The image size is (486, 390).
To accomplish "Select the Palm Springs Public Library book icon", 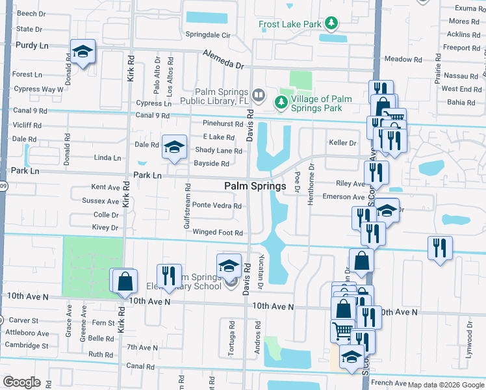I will point(259,96).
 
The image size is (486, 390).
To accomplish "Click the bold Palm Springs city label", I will point(255,186).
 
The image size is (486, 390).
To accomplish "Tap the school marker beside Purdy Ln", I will point(83,53).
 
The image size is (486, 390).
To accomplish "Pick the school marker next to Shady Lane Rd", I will point(173,148).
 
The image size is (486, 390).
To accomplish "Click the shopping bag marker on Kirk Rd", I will point(125,281).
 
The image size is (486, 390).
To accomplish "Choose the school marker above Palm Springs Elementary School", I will point(229,266).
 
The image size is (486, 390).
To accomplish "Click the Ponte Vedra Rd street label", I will point(216,206).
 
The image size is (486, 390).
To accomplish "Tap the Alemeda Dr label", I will point(222,60).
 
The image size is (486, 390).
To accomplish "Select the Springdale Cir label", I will point(209,34).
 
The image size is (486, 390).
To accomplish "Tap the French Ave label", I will point(389,383).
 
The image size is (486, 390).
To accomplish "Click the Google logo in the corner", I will point(21,382).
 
